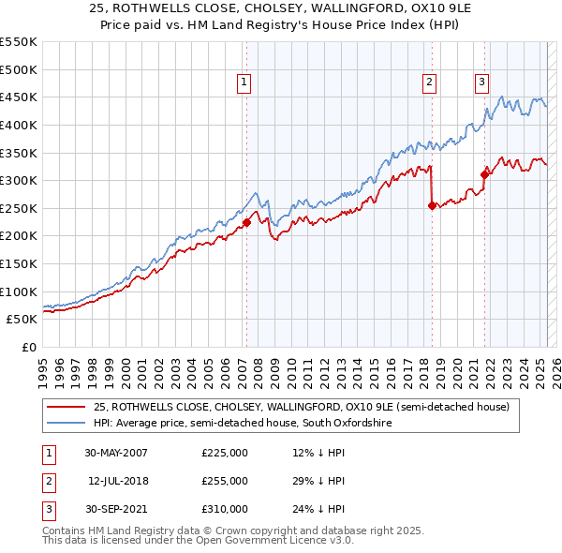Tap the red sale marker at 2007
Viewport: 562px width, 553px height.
click(247, 222)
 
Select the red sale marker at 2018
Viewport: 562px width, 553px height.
click(432, 206)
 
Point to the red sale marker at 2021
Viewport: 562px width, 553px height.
click(485, 173)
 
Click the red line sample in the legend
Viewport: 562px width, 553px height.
click(66, 408)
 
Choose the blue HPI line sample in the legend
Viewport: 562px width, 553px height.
click(66, 424)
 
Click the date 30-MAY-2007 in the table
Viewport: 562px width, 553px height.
click(116, 453)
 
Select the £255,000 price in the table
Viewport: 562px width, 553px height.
click(225, 481)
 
